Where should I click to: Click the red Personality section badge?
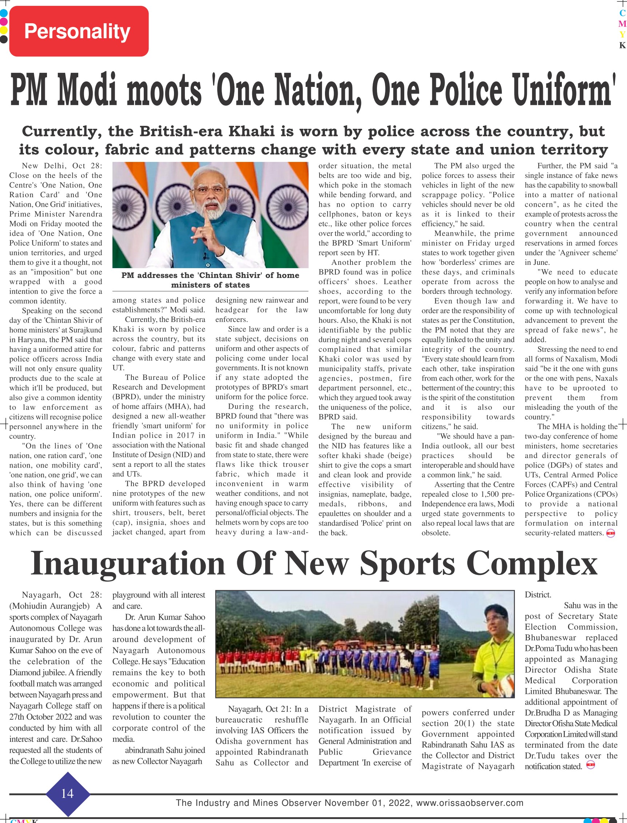pyautogui.click(x=79, y=31)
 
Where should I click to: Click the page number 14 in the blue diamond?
pyautogui.click(x=68, y=793)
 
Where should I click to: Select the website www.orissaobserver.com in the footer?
pyautogui.click(x=469, y=803)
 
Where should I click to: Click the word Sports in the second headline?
pyautogui.click(x=407, y=564)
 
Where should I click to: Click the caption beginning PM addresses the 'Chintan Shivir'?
pyautogui.click(x=210, y=280)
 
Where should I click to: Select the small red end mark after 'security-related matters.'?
pyautogui.click(x=611, y=533)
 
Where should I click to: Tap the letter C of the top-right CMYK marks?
pyautogui.click(x=622, y=13)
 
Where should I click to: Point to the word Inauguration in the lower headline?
pyautogui.click(x=128, y=564)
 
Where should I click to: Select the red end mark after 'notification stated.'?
pyautogui.click(x=590, y=765)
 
